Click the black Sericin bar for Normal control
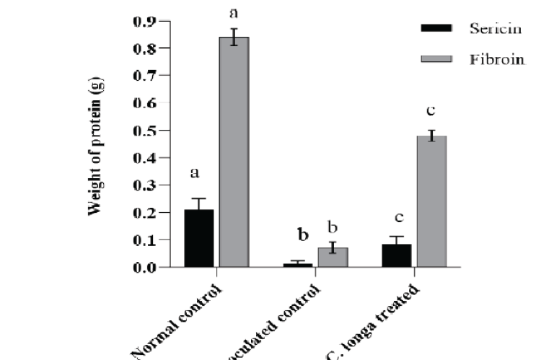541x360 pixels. click(x=198, y=238)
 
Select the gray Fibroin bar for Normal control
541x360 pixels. click(x=234, y=152)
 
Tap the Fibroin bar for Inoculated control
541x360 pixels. click(x=333, y=258)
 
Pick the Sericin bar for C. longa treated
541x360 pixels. click(x=397, y=255)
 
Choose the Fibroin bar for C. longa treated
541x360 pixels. click(x=432, y=201)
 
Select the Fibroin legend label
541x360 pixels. click(x=497, y=59)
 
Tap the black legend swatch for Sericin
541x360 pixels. click(x=436, y=28)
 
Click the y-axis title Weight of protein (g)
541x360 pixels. click(x=94, y=144)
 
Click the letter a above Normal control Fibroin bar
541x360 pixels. click(x=234, y=12)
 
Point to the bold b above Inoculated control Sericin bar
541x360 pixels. click(x=304, y=235)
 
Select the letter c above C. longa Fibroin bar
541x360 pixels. click(x=432, y=110)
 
